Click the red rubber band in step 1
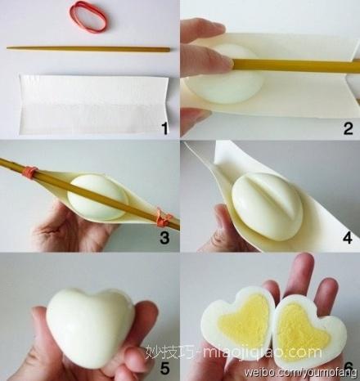point(88,17)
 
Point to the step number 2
point(348,127)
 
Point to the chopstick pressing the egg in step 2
point(286,65)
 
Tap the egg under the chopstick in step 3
point(97,196)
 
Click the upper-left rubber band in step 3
point(31,173)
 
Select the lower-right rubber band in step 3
point(161,218)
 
